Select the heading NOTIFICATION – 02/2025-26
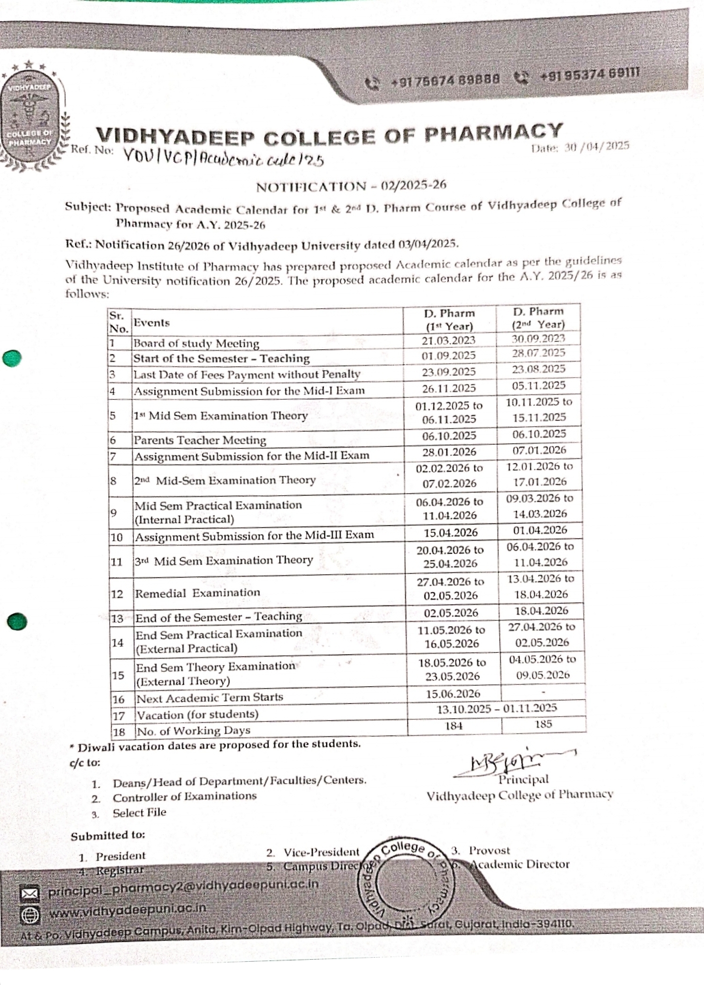351,186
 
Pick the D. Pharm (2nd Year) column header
538,318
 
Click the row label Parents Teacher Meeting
199,440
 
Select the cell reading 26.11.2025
448,388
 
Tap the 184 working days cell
454,726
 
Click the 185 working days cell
543,724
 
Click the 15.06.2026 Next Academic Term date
453,694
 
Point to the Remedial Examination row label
197,593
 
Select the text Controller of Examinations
184,796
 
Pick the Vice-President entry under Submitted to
321,852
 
